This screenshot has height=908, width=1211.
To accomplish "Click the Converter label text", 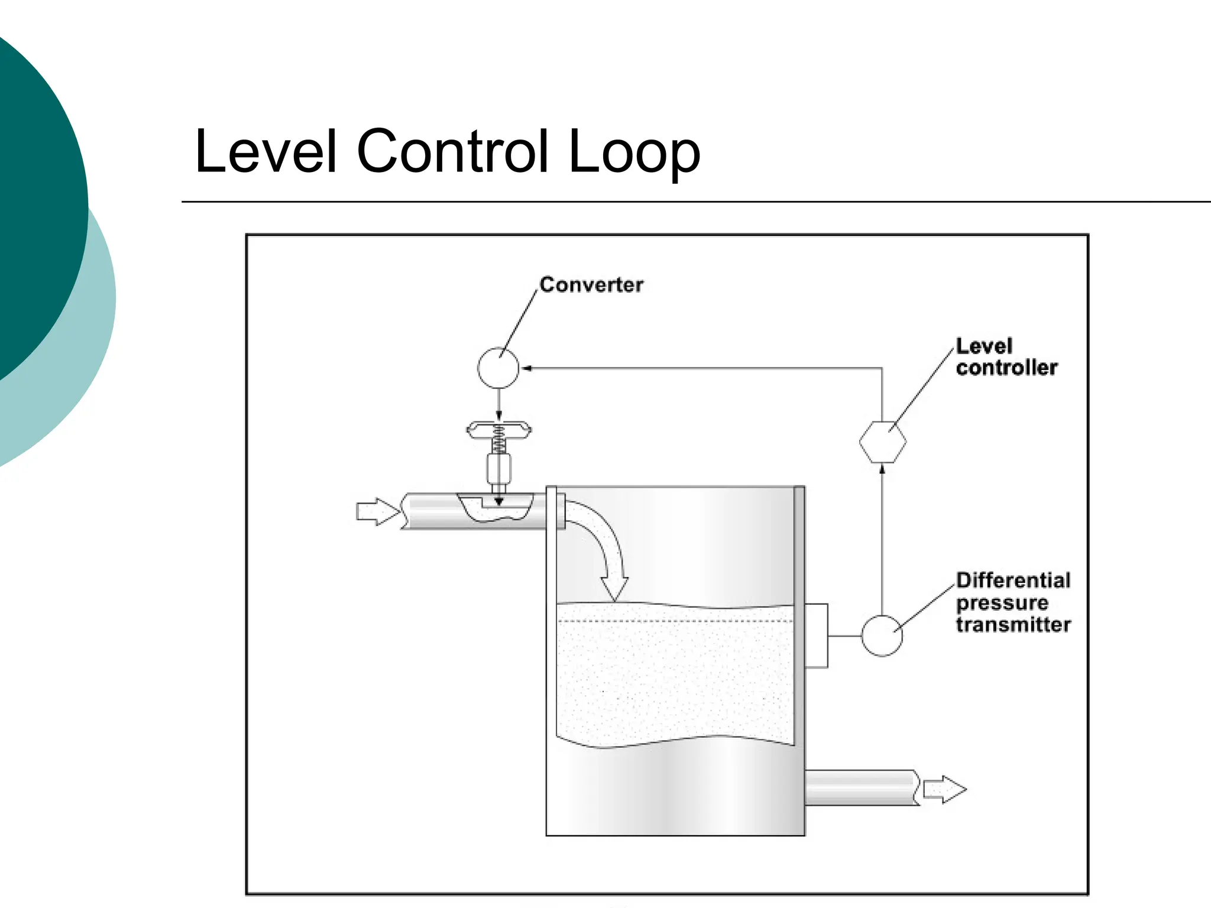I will point(591,285).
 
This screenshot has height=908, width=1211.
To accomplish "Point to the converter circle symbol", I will point(498,368).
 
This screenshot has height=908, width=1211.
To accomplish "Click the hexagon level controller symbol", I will point(882,442).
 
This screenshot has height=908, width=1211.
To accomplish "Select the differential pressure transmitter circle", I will point(882,635).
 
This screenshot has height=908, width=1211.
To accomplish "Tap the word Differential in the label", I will point(1013,581).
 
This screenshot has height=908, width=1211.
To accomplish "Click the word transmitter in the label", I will point(1013,625).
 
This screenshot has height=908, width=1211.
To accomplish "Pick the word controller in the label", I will point(1006,368).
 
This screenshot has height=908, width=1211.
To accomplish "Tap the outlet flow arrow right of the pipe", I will point(944,789).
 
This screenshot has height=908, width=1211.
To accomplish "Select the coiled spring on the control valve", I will point(498,440).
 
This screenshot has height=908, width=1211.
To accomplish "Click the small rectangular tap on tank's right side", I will point(816,635).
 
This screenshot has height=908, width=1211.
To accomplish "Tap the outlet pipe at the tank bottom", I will point(860,787).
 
